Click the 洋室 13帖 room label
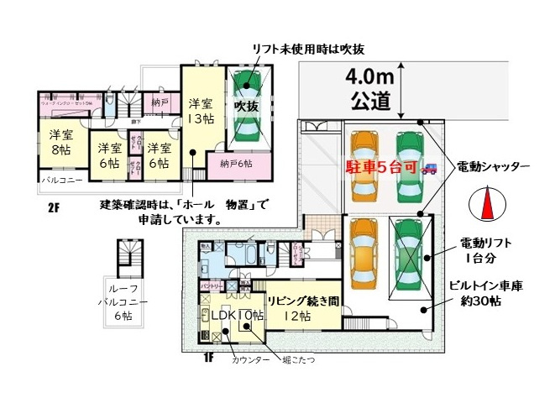click(x=200, y=111)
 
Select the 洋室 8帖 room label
click(x=60, y=143)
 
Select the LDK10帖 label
click(x=237, y=315)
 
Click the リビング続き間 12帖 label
click(x=303, y=308)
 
